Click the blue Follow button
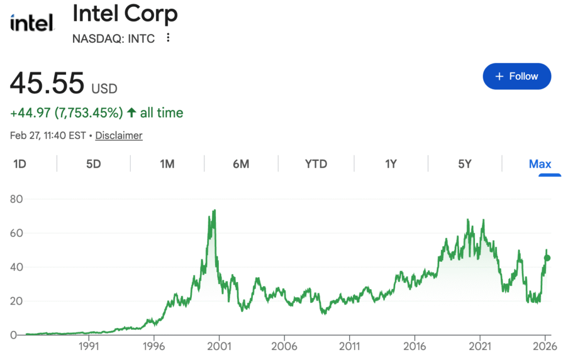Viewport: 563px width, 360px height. [517, 76]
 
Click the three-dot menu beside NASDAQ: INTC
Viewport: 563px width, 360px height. [168, 38]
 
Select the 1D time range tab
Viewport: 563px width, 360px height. [20, 164]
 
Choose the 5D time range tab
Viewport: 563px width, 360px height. [93, 164]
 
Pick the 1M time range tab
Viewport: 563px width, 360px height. [167, 164]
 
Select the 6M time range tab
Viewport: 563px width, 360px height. [241, 164]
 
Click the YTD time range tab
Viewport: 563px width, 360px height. [316, 164]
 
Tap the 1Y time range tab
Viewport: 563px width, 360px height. [390, 164]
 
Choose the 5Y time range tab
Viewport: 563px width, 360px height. [465, 164]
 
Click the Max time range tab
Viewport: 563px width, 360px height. [540, 164]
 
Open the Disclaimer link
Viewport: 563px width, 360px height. [119, 135]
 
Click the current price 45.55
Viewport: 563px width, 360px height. [47, 84]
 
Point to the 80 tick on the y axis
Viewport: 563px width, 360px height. [17, 199]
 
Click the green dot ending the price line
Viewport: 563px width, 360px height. [547, 258]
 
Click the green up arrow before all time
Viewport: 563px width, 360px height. [131, 113]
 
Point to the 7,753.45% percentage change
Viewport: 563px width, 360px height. [89, 113]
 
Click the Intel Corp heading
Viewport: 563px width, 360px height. [125, 14]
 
